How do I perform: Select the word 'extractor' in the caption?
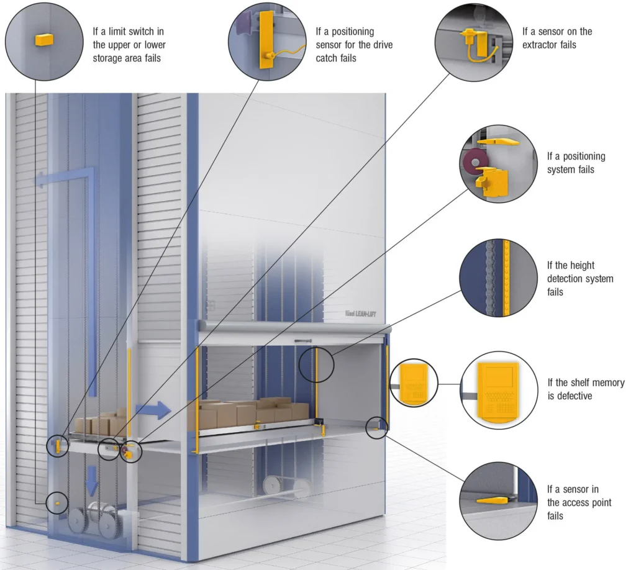(543, 45)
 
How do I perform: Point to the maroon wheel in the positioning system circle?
(476, 162)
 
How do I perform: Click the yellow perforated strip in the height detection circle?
(506, 278)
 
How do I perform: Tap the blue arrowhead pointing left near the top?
(41, 180)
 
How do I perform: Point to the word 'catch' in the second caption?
(329, 58)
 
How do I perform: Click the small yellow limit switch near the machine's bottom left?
(57, 502)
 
